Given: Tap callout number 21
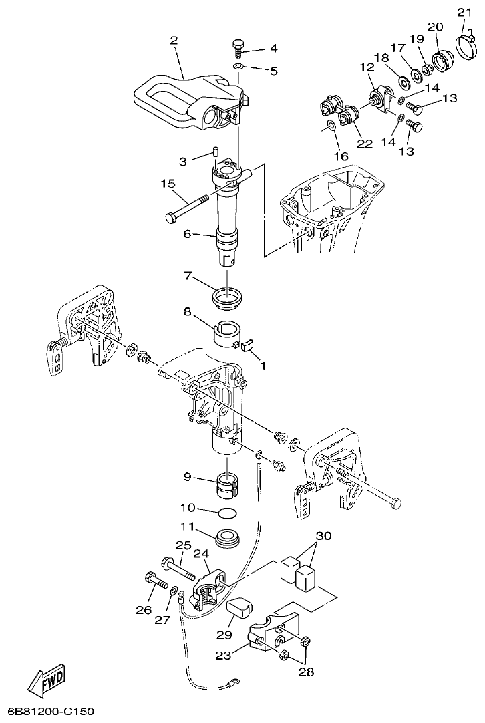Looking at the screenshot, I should point(463,11).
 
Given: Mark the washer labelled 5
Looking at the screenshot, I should point(238,67).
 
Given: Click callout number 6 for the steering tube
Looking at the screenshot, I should point(188,234).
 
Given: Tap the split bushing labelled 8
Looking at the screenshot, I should point(227,331).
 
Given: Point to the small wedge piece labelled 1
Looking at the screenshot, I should point(247,344).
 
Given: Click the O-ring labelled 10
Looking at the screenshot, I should point(228,512).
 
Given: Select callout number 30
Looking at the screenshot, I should point(323,536).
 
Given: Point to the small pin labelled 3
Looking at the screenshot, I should point(216,152).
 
